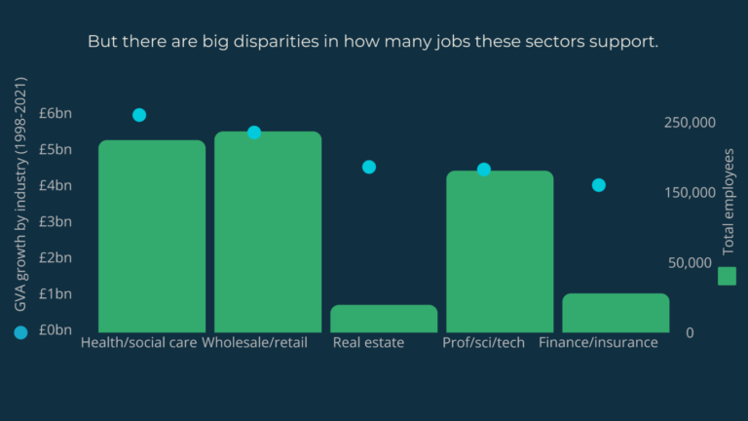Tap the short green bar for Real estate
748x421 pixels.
(x=384, y=319)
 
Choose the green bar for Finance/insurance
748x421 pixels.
(x=616, y=313)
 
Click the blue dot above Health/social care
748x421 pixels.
(x=139, y=115)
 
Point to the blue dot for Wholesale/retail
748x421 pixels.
(x=254, y=133)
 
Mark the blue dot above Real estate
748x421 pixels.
(x=369, y=167)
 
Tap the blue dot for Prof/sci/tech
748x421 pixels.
(x=484, y=170)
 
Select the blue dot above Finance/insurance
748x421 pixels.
(x=599, y=185)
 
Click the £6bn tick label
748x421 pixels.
(x=56, y=114)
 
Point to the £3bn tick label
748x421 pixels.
(x=56, y=222)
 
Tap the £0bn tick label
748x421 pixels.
(x=56, y=330)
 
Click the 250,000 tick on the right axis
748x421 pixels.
(x=689, y=123)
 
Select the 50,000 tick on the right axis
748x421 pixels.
(x=692, y=263)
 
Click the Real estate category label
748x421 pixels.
(x=368, y=343)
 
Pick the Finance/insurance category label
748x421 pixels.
(x=598, y=343)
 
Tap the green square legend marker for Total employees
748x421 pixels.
(x=727, y=277)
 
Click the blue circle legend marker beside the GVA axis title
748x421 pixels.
(x=20, y=332)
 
